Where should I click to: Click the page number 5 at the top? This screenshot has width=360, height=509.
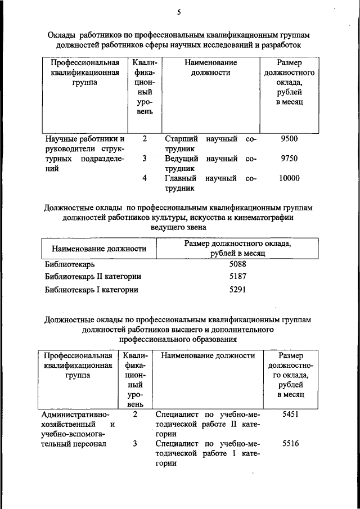(x=179, y=12)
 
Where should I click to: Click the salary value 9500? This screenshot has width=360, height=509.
(x=289, y=139)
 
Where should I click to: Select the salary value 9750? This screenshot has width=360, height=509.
(x=289, y=159)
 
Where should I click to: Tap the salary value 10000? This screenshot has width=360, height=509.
(x=289, y=178)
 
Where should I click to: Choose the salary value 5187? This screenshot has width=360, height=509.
(x=238, y=277)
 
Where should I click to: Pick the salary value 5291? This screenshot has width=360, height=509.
(x=238, y=290)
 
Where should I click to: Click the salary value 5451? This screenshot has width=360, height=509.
(x=290, y=414)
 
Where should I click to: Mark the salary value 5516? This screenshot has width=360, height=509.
(x=290, y=443)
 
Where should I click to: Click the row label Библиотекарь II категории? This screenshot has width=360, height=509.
(x=93, y=277)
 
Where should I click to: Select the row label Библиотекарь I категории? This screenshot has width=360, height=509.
(x=91, y=290)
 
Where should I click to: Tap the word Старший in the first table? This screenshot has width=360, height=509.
(x=180, y=139)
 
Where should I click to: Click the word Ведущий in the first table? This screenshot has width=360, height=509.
(x=181, y=159)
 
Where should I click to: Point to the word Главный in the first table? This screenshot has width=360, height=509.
(x=181, y=178)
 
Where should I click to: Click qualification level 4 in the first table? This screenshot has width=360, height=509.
(x=145, y=178)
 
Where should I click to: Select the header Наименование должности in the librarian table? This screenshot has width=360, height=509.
(x=99, y=248)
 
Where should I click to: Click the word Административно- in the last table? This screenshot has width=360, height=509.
(x=71, y=415)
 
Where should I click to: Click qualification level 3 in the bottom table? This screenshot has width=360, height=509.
(x=135, y=443)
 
